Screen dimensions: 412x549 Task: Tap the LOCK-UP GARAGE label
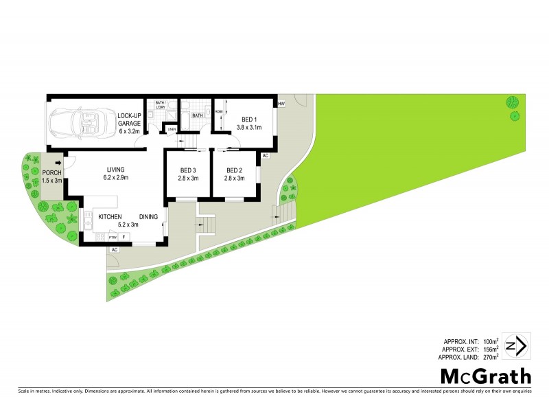(129, 123)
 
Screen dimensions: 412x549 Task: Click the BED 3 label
(189, 174)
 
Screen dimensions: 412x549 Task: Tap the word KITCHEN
(110, 217)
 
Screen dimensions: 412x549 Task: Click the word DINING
(148, 217)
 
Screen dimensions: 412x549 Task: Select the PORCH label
(52, 176)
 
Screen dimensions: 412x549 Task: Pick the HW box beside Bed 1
(281, 104)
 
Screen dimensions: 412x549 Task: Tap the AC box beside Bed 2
(264, 157)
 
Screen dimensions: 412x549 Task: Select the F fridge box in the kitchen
(124, 237)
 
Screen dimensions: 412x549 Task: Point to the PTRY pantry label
(113, 237)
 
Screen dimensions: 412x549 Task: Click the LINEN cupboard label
(172, 128)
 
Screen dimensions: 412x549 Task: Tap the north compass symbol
(515, 345)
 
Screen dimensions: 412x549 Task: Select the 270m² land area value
(488, 357)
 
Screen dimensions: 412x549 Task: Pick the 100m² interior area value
(488, 341)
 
